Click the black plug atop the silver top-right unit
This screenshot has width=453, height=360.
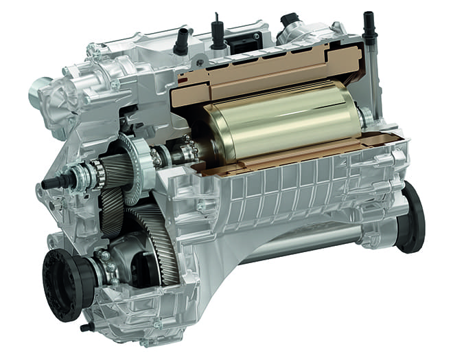288,19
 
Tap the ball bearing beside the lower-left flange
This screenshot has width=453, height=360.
107,265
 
